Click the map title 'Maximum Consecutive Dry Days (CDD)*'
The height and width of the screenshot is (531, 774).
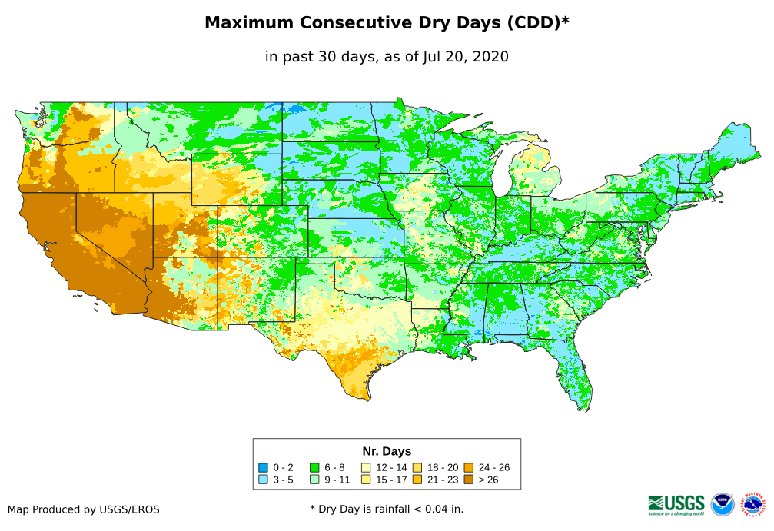click(387, 23)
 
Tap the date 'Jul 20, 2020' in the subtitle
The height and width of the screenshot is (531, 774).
click(465, 57)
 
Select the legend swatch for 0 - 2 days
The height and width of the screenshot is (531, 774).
click(264, 467)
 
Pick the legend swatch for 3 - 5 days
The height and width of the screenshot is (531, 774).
click(264, 480)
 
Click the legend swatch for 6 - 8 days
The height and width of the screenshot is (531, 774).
click(314, 467)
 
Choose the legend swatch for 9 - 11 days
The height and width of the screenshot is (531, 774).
click(314, 480)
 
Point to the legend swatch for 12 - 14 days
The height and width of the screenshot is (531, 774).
click(366, 467)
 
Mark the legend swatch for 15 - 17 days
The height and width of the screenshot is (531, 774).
click(366, 480)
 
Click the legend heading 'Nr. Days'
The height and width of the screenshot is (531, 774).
click(387, 451)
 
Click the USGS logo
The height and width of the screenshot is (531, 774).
click(676, 504)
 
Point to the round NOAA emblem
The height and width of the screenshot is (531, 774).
click(723, 504)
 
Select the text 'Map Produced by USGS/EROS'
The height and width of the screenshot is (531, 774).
click(84, 509)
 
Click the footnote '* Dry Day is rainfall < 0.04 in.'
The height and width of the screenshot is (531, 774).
click(387, 509)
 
